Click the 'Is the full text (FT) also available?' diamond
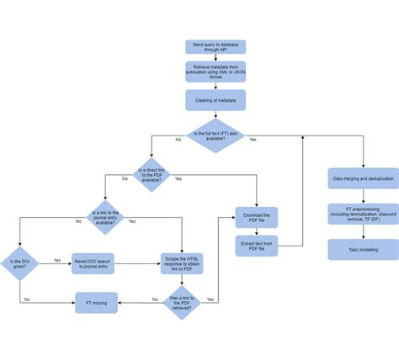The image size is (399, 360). [x=215, y=135]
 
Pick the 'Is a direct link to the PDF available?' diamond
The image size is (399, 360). [x=152, y=174]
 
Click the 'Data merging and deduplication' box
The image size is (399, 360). [x=363, y=179]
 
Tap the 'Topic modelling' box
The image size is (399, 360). [x=363, y=250]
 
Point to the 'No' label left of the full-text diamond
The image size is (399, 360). [x=178, y=139]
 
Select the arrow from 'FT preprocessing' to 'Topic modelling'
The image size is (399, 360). [x=363, y=232]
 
